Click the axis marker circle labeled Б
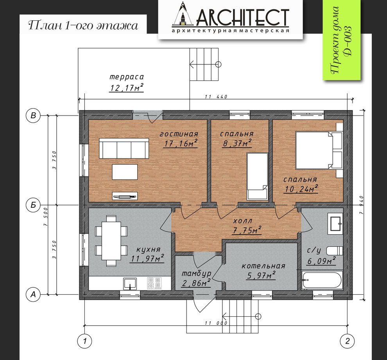pyautogui.click(x=33, y=205)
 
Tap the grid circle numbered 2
pyautogui.click(x=348, y=341)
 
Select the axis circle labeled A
pyautogui.click(x=33, y=294)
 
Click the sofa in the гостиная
pyautogui.click(x=124, y=148)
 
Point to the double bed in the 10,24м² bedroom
pyautogui.click(x=319, y=150)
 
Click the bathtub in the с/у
pyautogui.click(x=322, y=280)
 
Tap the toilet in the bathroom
pyautogui.click(x=335, y=251)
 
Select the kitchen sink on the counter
pyautogui.click(x=130, y=283)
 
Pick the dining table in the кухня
pyautogui.click(x=111, y=241)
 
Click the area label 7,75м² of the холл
pyautogui.click(x=247, y=230)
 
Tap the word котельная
pyautogui.click(x=263, y=266)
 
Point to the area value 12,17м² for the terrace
pyautogui.click(x=126, y=87)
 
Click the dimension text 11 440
pyautogui.click(x=216, y=97)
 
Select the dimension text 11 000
pyautogui.click(x=216, y=323)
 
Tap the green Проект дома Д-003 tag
pyautogui.click(x=342, y=39)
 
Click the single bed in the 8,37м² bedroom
pyautogui.click(x=258, y=176)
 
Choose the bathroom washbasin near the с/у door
pyautogui.click(x=335, y=223)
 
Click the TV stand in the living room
pyautogui.click(x=125, y=196)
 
